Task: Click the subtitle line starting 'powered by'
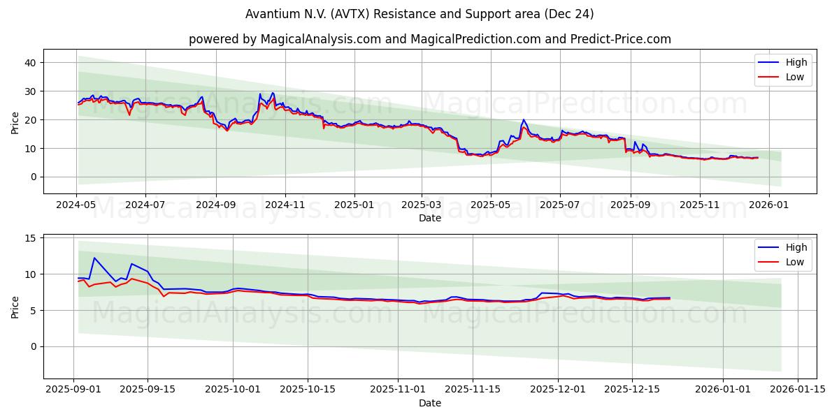click(429, 39)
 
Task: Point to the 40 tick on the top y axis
click(31, 63)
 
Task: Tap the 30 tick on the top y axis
click(31, 91)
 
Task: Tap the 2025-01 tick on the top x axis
click(354, 205)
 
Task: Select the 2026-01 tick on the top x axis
click(769, 205)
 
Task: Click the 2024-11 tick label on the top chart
click(285, 205)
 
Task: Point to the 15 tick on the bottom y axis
click(31, 238)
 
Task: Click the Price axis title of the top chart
click(15, 122)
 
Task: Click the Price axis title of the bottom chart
click(15, 307)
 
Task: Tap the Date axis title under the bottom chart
click(429, 403)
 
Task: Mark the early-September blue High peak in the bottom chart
click(94, 258)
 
